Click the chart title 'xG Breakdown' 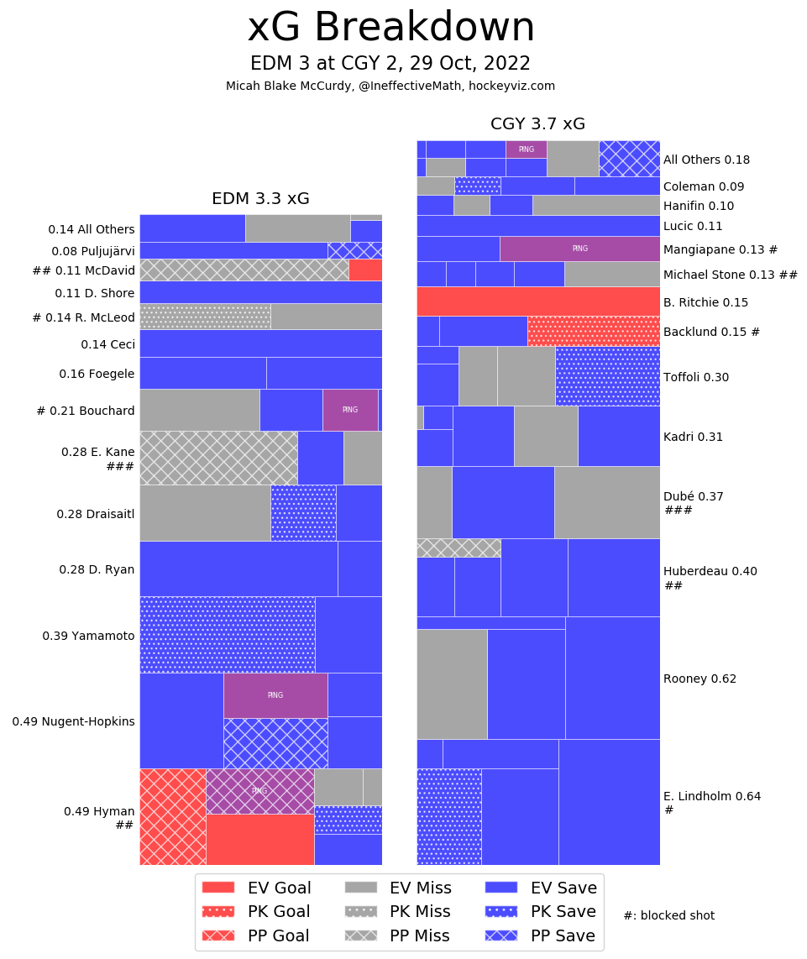coord(390,29)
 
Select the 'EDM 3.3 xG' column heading coord(260,199)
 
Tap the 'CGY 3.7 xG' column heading coord(537,124)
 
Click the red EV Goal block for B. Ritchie coord(537,301)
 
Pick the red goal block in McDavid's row coord(365,270)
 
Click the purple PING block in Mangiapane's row coord(579,249)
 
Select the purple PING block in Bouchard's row coord(349,410)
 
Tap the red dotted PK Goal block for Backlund coord(593,331)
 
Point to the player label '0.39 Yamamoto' coord(88,636)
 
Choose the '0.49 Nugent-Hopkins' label coord(73,721)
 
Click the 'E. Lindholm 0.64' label coord(711,796)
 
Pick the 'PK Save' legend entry coord(542,911)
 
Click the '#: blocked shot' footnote coord(668,915)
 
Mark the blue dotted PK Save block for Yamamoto coord(227,634)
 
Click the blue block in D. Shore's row coord(260,291)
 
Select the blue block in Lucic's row coord(537,225)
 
